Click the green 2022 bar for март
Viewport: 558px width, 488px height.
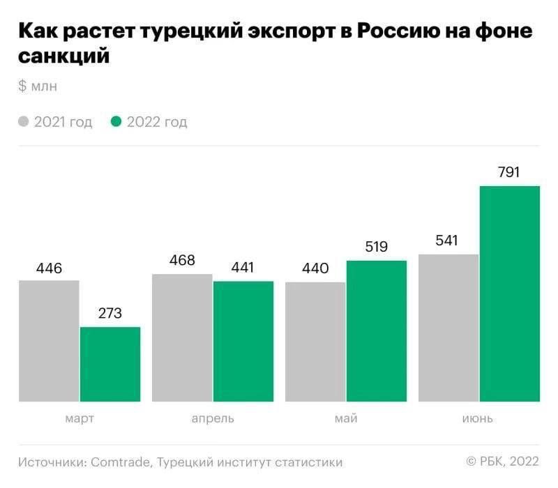(x=110, y=364)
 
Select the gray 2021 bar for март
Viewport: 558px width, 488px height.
(x=49, y=341)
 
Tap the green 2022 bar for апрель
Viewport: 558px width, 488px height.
(x=243, y=342)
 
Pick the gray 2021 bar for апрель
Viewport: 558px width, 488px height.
(x=182, y=337)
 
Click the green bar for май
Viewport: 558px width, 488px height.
(x=377, y=331)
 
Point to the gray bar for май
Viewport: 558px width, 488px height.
(x=315, y=342)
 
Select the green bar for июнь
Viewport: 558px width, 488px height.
(x=510, y=293)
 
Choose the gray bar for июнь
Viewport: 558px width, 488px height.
(x=448, y=328)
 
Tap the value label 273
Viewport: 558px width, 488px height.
(x=110, y=314)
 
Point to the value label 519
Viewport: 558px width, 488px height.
(x=376, y=247)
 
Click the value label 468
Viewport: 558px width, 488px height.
(x=182, y=261)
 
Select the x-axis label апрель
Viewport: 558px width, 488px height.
(x=213, y=419)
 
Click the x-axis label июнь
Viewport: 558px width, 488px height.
(x=478, y=419)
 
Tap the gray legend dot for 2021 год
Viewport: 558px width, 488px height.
(x=24, y=122)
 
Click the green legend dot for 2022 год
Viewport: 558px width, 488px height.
(x=116, y=122)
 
